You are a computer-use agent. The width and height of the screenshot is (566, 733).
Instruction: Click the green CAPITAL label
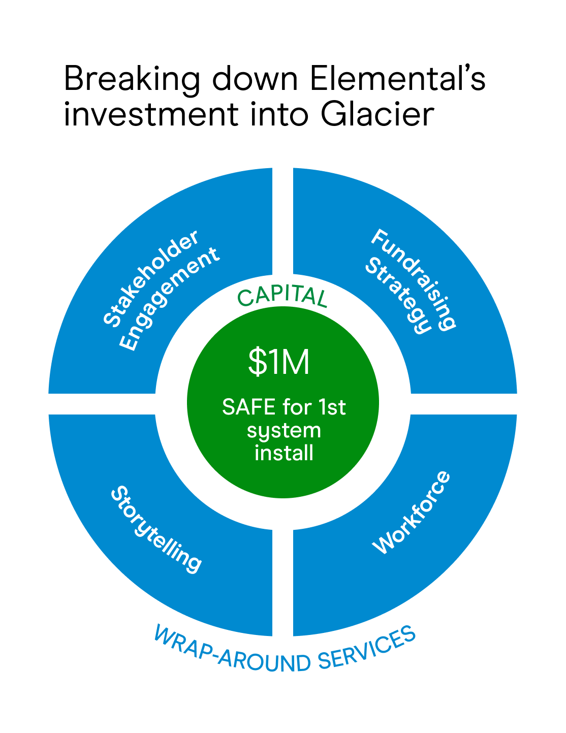pyautogui.click(x=282, y=297)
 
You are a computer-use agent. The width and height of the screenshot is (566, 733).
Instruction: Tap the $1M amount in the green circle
pyautogui.click(x=279, y=362)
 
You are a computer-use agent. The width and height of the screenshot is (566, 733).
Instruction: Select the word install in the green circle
pyautogui.click(x=284, y=453)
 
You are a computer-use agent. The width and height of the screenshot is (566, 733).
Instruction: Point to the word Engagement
pyautogui.click(x=169, y=299)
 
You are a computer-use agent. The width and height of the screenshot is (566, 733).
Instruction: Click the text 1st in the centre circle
pyautogui.click(x=332, y=407)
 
